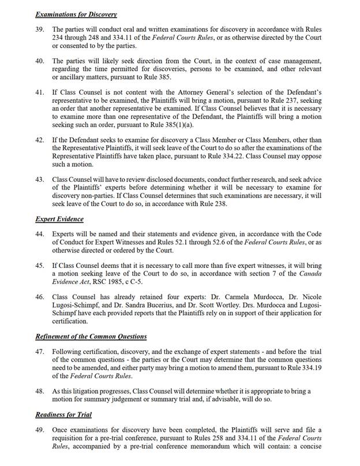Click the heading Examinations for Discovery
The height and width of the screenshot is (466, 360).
click(x=76, y=14)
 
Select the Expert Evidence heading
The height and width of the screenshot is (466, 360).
click(x=59, y=219)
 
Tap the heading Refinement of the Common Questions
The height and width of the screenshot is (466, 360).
click(x=91, y=336)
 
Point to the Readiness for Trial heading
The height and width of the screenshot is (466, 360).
click(x=63, y=414)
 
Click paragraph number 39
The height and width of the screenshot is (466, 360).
click(x=40, y=29)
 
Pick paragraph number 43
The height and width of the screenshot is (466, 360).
click(x=40, y=180)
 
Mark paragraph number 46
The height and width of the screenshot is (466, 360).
click(x=40, y=296)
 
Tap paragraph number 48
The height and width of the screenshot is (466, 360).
click(x=40, y=391)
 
